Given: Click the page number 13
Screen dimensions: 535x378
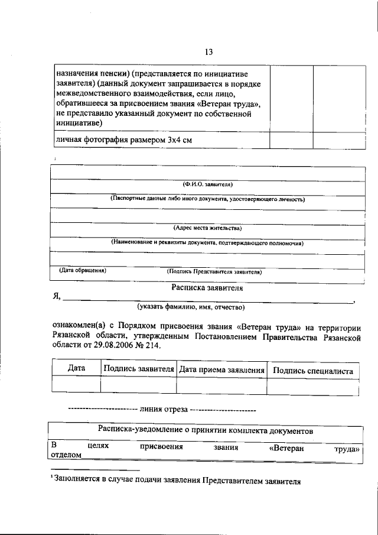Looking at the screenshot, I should pyautogui.click(x=208, y=51).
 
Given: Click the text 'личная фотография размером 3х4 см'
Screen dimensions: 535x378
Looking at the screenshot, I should pyautogui.click(x=124, y=140).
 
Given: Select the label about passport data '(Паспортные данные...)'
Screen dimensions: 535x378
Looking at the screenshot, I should pyautogui.click(x=208, y=200).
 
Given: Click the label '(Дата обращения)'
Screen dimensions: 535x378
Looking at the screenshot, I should pyautogui.click(x=83, y=270).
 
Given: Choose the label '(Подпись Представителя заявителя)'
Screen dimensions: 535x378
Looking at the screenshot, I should pyautogui.click(x=215, y=272).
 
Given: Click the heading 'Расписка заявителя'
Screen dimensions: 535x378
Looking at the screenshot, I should pyautogui.click(x=207, y=288).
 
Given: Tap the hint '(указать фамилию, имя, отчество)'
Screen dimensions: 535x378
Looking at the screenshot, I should pyautogui.click(x=191, y=307).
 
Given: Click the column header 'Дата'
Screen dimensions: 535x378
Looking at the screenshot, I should pyautogui.click(x=77, y=368).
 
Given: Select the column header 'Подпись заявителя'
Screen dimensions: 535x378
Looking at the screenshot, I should pyautogui.click(x=138, y=369).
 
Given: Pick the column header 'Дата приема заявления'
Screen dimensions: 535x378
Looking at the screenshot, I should pyautogui.click(x=221, y=370).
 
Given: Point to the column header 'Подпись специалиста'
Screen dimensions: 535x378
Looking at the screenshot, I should pyautogui.click(x=313, y=371).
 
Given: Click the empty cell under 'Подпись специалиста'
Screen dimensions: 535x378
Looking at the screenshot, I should pyautogui.click(x=313, y=385).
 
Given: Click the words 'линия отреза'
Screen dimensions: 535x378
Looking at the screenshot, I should pyautogui.click(x=164, y=409).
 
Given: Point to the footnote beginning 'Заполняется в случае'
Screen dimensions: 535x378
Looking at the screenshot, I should pyautogui.click(x=177, y=481).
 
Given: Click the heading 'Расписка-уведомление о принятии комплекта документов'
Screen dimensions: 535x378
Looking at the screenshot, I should pyautogui.click(x=206, y=432).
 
